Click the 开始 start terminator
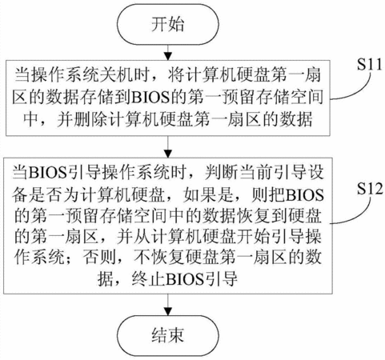click(x=168, y=24)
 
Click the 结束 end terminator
click(x=168, y=336)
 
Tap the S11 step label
click(x=370, y=65)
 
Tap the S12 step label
click(x=370, y=189)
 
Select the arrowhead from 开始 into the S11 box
click(x=168, y=56)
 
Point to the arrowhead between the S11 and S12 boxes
click(x=168, y=154)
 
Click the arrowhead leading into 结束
click(x=168, y=312)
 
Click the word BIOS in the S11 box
click(x=151, y=97)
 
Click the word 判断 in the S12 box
click(x=222, y=172)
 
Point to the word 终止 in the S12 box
click(x=148, y=279)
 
